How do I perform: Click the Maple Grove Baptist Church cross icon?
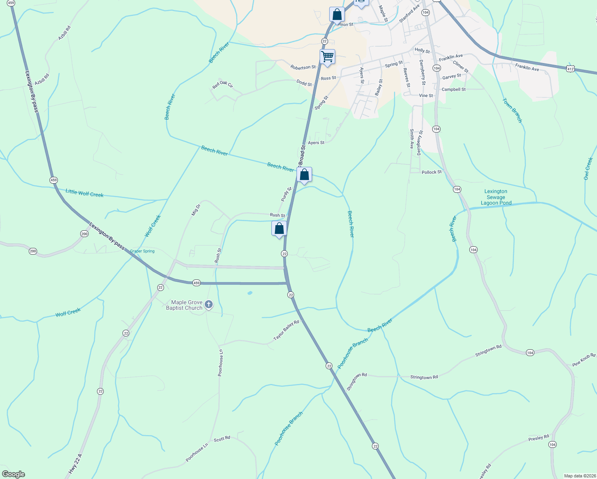point(208,305)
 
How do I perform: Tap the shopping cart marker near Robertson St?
point(327,57)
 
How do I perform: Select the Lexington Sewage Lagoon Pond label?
point(496,197)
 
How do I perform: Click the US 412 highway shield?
point(570,69)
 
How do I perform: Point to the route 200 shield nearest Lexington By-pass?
point(84,234)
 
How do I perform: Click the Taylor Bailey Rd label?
point(286,330)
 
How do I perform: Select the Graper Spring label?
point(142,251)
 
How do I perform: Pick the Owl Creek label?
point(588,168)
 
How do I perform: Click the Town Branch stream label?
point(512,111)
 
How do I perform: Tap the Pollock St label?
point(431,172)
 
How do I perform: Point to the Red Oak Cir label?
point(223,85)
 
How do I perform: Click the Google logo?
point(14,474)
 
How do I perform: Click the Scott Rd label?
point(222,438)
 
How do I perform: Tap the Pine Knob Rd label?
point(583,360)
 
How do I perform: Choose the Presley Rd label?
point(538,438)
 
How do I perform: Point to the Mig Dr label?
point(196,210)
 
